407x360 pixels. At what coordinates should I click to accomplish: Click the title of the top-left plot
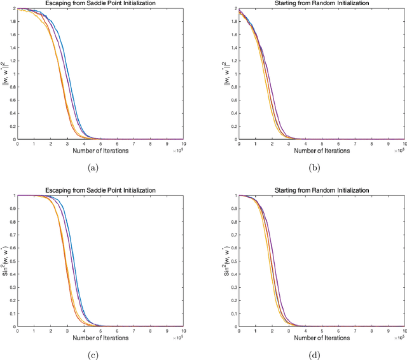[x=100, y=3]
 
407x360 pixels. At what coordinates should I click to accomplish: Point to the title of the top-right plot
[x=321, y=3]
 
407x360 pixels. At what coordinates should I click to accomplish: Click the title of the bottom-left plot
[x=100, y=190]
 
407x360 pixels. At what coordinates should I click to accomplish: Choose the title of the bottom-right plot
[x=321, y=190]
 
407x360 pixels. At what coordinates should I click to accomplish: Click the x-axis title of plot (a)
[x=100, y=150]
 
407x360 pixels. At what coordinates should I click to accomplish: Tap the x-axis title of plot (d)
[x=321, y=338]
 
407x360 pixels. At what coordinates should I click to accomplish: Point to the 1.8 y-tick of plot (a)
[x=11, y=22]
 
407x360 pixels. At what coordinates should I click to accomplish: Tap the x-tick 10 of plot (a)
[x=183, y=144]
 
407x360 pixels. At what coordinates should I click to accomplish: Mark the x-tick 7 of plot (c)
[x=134, y=331]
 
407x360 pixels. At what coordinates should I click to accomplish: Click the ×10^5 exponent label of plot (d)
[x=399, y=338]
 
